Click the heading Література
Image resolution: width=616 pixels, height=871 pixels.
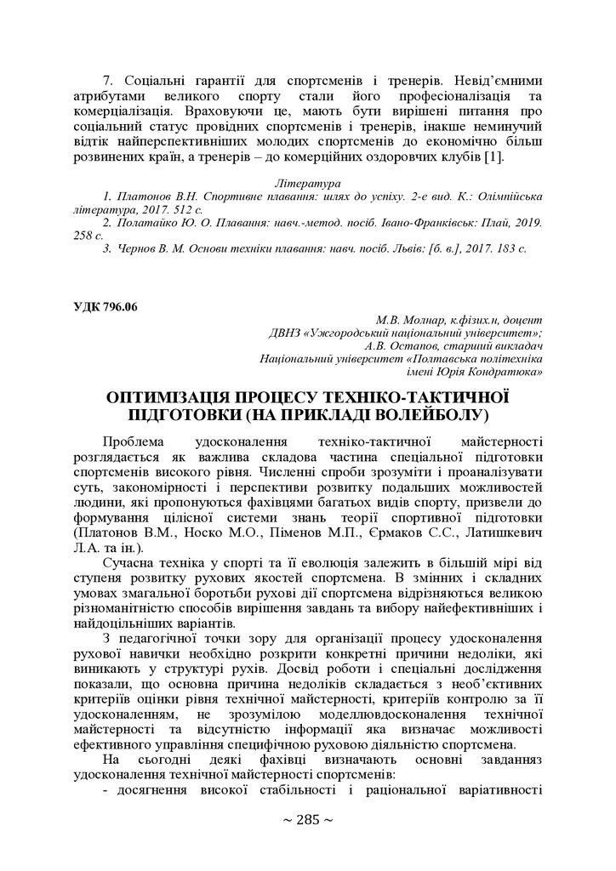point(308,183)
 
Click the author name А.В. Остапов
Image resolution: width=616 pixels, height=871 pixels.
point(397,345)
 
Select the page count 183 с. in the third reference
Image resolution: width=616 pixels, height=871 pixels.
point(510,248)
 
